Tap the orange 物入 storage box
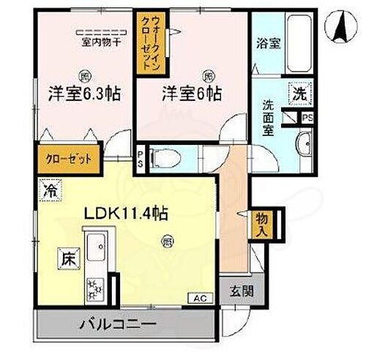pyautogui.click(x=261, y=225)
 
